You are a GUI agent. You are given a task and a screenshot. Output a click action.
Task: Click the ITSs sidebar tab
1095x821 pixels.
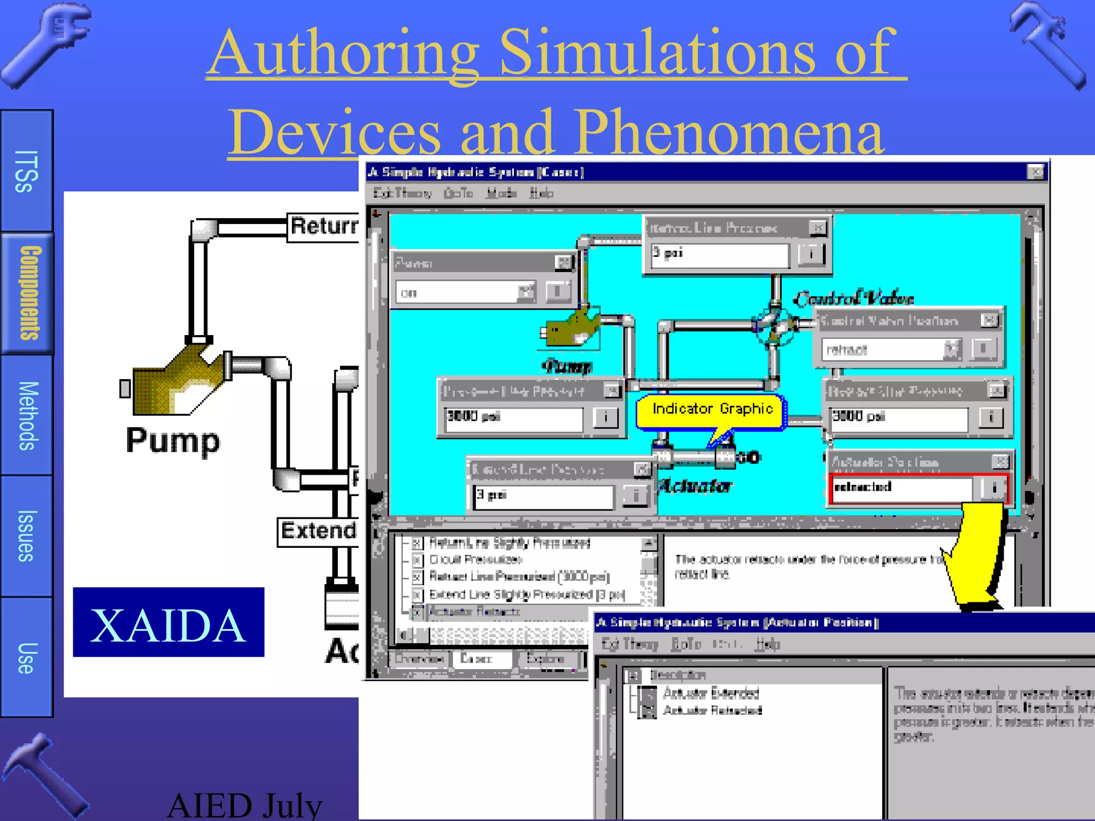(27, 171)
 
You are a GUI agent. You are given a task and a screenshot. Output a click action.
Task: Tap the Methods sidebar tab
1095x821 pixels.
(27, 415)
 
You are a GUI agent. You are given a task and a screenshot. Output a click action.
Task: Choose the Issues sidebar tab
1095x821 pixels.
(27, 536)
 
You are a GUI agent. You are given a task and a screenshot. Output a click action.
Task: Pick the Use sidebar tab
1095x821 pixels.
(27, 657)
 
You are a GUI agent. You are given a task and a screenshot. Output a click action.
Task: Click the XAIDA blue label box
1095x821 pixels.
(168, 622)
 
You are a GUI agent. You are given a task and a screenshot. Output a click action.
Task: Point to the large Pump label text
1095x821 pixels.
(173, 441)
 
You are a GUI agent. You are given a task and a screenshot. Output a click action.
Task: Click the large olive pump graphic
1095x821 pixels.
(176, 382)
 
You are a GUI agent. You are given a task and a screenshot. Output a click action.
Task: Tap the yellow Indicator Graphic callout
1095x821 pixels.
(711, 410)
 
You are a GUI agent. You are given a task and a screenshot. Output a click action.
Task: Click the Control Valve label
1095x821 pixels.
(853, 298)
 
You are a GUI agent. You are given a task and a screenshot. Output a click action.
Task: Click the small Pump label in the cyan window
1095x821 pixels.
(567, 366)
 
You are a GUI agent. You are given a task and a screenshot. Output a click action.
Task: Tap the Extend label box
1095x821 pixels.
(318, 531)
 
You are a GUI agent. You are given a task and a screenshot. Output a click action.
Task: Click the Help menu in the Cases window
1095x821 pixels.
(541, 193)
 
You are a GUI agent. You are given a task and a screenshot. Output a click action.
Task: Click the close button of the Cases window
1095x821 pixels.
(1036, 172)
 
